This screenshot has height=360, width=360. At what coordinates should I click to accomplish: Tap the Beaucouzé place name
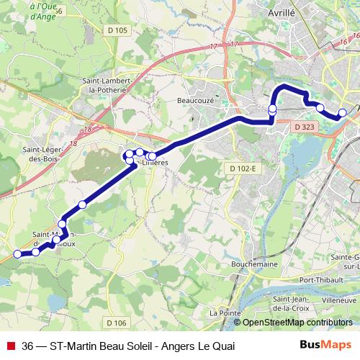[x=195, y=102]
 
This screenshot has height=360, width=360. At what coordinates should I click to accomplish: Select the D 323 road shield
[x=305, y=127]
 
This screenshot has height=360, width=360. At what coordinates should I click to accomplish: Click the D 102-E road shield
[x=243, y=168]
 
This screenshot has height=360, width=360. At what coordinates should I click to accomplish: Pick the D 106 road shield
[x=115, y=322]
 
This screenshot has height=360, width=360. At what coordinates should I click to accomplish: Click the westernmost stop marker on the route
[x=18, y=253]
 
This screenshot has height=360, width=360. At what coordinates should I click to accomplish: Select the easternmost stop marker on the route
[x=342, y=112]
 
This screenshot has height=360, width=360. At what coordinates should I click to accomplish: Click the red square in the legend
[x=9, y=346]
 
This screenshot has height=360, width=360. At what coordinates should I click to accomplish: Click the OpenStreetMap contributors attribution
[x=297, y=323]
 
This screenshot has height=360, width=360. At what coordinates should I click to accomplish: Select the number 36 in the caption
[x=27, y=346]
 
